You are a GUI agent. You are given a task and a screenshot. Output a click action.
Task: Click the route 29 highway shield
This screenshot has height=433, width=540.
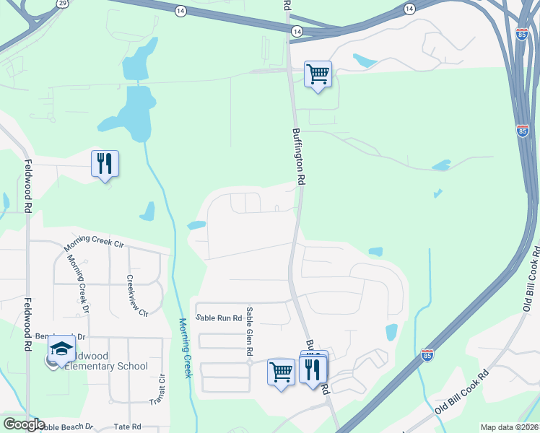point(63,4)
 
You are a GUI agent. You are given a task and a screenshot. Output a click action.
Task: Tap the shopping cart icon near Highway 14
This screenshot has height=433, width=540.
point(318,74)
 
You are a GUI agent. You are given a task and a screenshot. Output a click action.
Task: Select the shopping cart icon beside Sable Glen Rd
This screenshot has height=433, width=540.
point(281,372)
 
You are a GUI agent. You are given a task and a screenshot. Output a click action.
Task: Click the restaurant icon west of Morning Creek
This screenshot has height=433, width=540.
point(105,164)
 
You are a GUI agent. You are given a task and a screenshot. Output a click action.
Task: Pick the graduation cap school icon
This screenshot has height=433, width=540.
point(62,350)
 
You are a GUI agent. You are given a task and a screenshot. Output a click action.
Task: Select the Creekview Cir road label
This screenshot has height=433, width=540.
point(136,296)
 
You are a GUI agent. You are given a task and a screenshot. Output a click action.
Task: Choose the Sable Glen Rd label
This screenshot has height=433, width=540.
point(249,331)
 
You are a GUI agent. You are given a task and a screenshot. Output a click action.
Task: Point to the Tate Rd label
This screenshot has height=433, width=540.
point(127,427)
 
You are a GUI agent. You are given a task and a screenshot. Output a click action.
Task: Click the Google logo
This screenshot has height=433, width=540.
point(24,424)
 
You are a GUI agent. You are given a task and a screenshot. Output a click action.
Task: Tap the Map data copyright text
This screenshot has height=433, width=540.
point(509,427)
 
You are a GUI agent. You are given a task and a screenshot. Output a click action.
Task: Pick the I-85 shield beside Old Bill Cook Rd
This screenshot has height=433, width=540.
point(427,354)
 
